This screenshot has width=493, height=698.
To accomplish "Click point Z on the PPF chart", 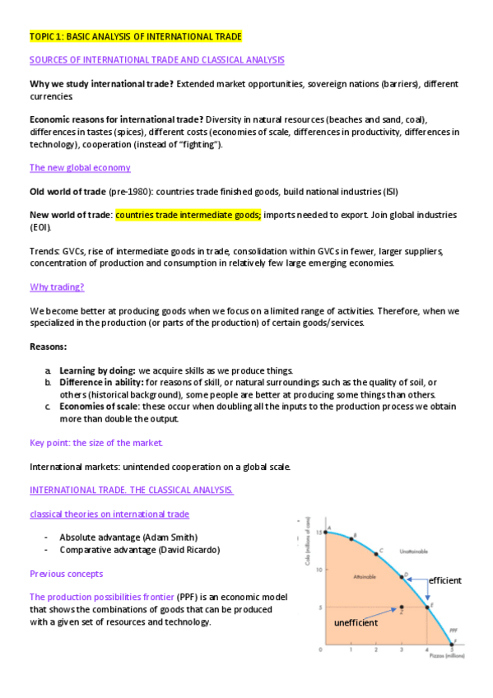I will pyautogui.click(x=401, y=607).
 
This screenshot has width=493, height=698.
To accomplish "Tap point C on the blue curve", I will pyautogui.click(x=376, y=554).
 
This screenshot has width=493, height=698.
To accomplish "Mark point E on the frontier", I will pyautogui.click(x=426, y=606).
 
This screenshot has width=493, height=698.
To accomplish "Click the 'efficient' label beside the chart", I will pyautogui.click(x=444, y=580).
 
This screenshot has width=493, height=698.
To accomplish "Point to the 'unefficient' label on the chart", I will pyautogui.click(x=356, y=623).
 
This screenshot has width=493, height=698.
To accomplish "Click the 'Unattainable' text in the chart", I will pyautogui.click(x=414, y=551).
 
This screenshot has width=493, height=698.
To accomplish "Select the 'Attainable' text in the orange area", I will pyautogui.click(x=364, y=577).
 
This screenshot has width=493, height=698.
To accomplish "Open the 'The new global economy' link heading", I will pyautogui.click(x=80, y=168).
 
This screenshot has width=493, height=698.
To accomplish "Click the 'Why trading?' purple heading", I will pyautogui.click(x=57, y=287).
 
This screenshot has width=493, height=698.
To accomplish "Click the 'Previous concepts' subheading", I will pyautogui.click(x=66, y=574).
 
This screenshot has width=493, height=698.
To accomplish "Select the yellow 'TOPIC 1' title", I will pyautogui.click(x=136, y=37).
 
